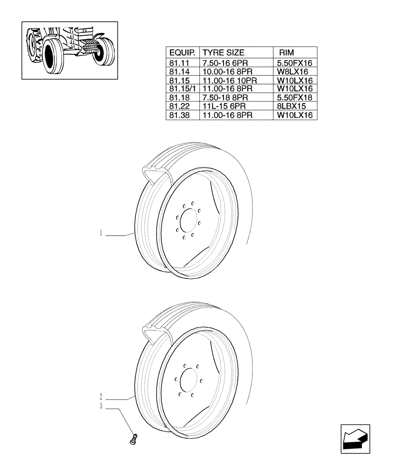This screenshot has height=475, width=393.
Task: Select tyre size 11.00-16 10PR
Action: point(230,80)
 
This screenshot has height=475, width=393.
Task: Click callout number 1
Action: point(101,233)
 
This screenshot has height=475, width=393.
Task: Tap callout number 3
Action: point(101,406)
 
